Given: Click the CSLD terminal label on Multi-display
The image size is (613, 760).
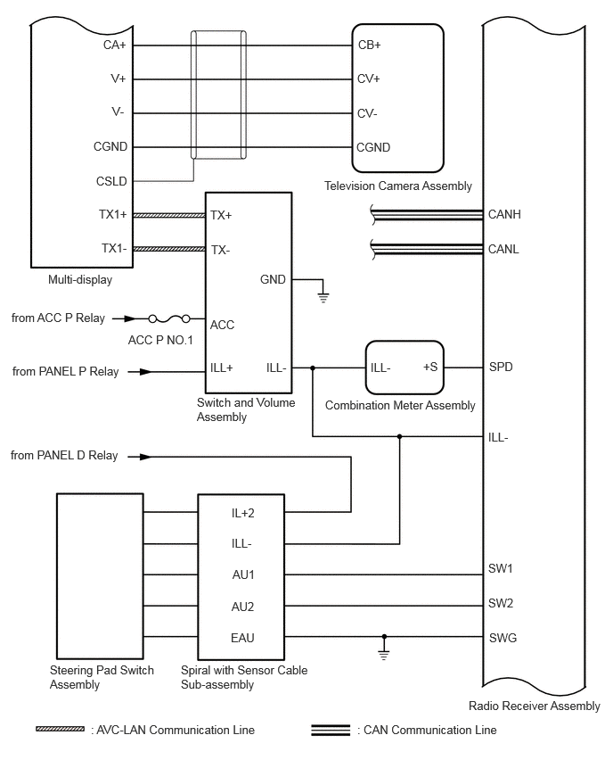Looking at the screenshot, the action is [x=111, y=181].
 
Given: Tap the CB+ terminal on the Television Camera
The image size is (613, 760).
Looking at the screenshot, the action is [x=370, y=45].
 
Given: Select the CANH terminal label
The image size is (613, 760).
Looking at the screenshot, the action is [x=504, y=214].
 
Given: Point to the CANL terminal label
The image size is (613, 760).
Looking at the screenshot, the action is [x=503, y=249].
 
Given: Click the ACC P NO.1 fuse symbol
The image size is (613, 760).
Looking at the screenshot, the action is [x=169, y=318].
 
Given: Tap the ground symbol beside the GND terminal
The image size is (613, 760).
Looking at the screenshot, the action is [x=323, y=296].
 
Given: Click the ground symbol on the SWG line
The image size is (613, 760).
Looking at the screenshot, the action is [x=384, y=655].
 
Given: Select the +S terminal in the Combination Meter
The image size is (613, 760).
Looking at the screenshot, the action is [x=430, y=367].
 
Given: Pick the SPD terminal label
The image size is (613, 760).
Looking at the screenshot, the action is [x=501, y=367].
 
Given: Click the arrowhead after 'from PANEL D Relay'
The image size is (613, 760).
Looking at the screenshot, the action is [x=145, y=457].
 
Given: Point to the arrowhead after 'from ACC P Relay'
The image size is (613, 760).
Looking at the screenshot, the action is [x=130, y=318].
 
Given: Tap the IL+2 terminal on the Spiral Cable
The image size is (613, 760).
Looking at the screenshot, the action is [x=242, y=513].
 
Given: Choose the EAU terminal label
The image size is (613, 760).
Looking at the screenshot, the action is [x=242, y=638].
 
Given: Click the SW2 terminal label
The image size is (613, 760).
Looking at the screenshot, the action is [x=501, y=603].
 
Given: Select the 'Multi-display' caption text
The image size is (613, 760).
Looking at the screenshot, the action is [x=80, y=280].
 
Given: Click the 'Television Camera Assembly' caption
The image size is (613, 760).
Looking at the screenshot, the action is [x=398, y=186].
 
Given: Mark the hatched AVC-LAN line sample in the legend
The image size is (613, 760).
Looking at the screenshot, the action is [x=60, y=729].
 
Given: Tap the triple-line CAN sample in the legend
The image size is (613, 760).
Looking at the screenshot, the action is [x=331, y=730].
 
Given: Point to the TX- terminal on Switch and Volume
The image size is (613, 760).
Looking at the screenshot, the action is [x=220, y=250].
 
